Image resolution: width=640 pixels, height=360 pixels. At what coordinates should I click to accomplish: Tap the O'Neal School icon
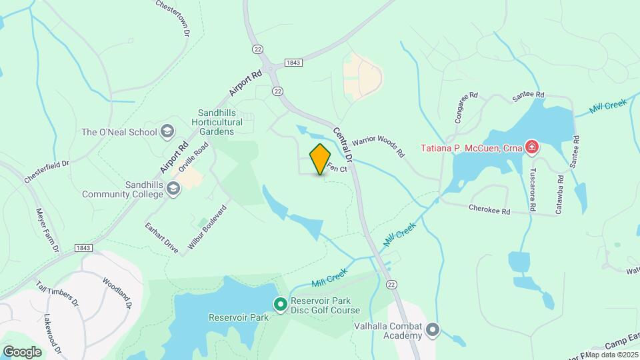click(x=167, y=131)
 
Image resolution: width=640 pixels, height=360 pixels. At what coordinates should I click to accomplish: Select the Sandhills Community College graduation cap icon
click(x=173, y=189)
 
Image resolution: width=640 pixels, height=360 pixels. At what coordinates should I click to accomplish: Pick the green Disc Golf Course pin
click(x=281, y=305)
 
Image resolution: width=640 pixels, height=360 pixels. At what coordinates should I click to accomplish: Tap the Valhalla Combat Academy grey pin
click(x=433, y=329)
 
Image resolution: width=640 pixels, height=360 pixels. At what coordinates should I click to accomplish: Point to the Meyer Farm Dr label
click(x=48, y=229)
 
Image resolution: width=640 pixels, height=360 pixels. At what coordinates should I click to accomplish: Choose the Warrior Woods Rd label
click(x=378, y=147)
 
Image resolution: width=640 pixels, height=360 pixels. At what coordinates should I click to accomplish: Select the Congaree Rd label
click(x=465, y=107)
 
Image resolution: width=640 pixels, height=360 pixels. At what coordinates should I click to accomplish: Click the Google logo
click(x=22, y=351)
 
